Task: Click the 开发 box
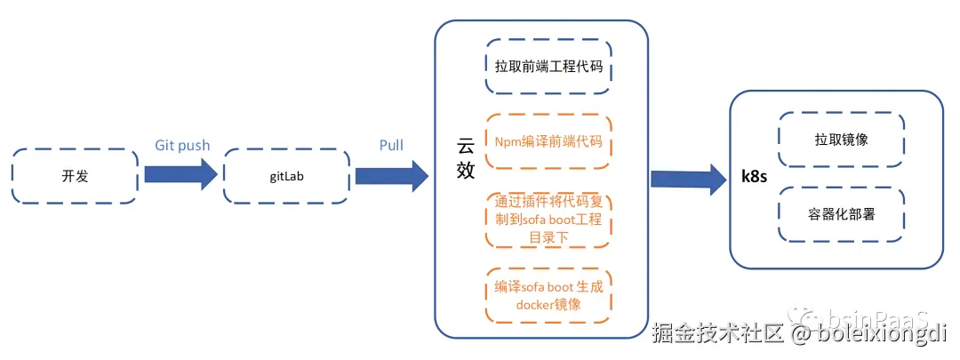point(75,176)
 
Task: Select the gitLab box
point(285,176)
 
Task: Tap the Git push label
point(182,145)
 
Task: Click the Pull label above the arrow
point(391,145)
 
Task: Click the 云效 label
point(466,159)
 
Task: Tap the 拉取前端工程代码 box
point(548,66)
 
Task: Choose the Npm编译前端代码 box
point(548,141)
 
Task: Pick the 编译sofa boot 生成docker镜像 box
point(548,295)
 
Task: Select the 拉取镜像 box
point(841,140)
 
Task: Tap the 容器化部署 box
point(841,213)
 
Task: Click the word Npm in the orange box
point(508,141)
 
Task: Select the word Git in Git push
point(164,145)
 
